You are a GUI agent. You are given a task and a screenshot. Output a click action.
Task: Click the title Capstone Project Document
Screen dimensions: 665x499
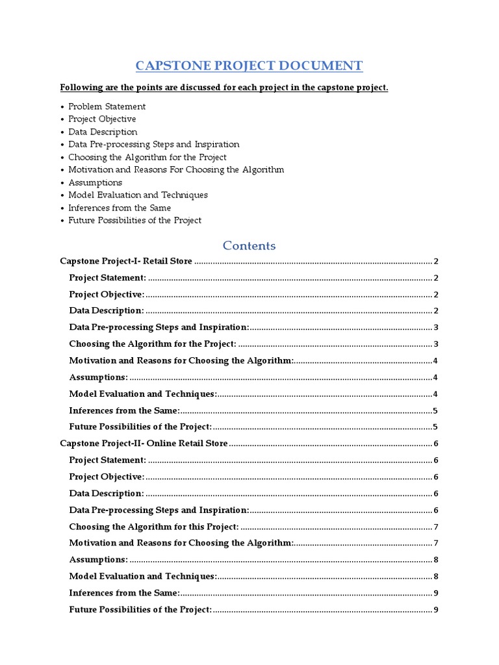249,66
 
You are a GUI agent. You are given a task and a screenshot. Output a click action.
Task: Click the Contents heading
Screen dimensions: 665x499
249,245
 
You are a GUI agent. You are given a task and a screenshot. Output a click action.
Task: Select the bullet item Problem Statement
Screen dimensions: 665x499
107,107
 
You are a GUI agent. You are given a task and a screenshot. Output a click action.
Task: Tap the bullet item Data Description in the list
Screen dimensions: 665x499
103,132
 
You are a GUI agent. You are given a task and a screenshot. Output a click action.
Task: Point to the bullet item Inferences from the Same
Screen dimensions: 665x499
120,208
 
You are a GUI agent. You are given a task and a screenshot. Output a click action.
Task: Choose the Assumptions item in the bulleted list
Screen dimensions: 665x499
95,182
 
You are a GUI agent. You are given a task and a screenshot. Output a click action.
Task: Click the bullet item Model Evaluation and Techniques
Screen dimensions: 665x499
138,195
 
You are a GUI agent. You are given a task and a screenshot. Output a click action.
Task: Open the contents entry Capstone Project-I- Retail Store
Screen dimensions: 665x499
126,261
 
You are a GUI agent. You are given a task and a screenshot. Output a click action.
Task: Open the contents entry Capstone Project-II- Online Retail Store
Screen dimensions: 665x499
144,444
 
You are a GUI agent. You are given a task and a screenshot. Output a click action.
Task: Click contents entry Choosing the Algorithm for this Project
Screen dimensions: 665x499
153,526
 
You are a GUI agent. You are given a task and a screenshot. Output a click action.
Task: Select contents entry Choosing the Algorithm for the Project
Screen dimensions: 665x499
152,344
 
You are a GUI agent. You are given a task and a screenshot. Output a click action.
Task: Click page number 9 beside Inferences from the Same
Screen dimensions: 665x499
436,593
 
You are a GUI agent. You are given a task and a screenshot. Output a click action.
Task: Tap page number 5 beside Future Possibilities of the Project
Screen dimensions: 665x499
436,427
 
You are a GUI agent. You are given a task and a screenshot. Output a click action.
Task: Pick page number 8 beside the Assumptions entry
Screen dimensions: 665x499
436,560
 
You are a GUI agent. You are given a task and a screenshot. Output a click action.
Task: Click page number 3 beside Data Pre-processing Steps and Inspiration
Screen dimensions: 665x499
436,327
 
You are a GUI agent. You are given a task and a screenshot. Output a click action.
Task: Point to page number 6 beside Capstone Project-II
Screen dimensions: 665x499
436,444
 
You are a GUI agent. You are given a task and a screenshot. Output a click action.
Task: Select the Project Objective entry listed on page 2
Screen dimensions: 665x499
107,294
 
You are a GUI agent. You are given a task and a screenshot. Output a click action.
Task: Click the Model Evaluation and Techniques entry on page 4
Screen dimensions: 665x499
142,394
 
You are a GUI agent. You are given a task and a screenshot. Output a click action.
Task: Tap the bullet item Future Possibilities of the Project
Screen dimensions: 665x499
134,220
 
